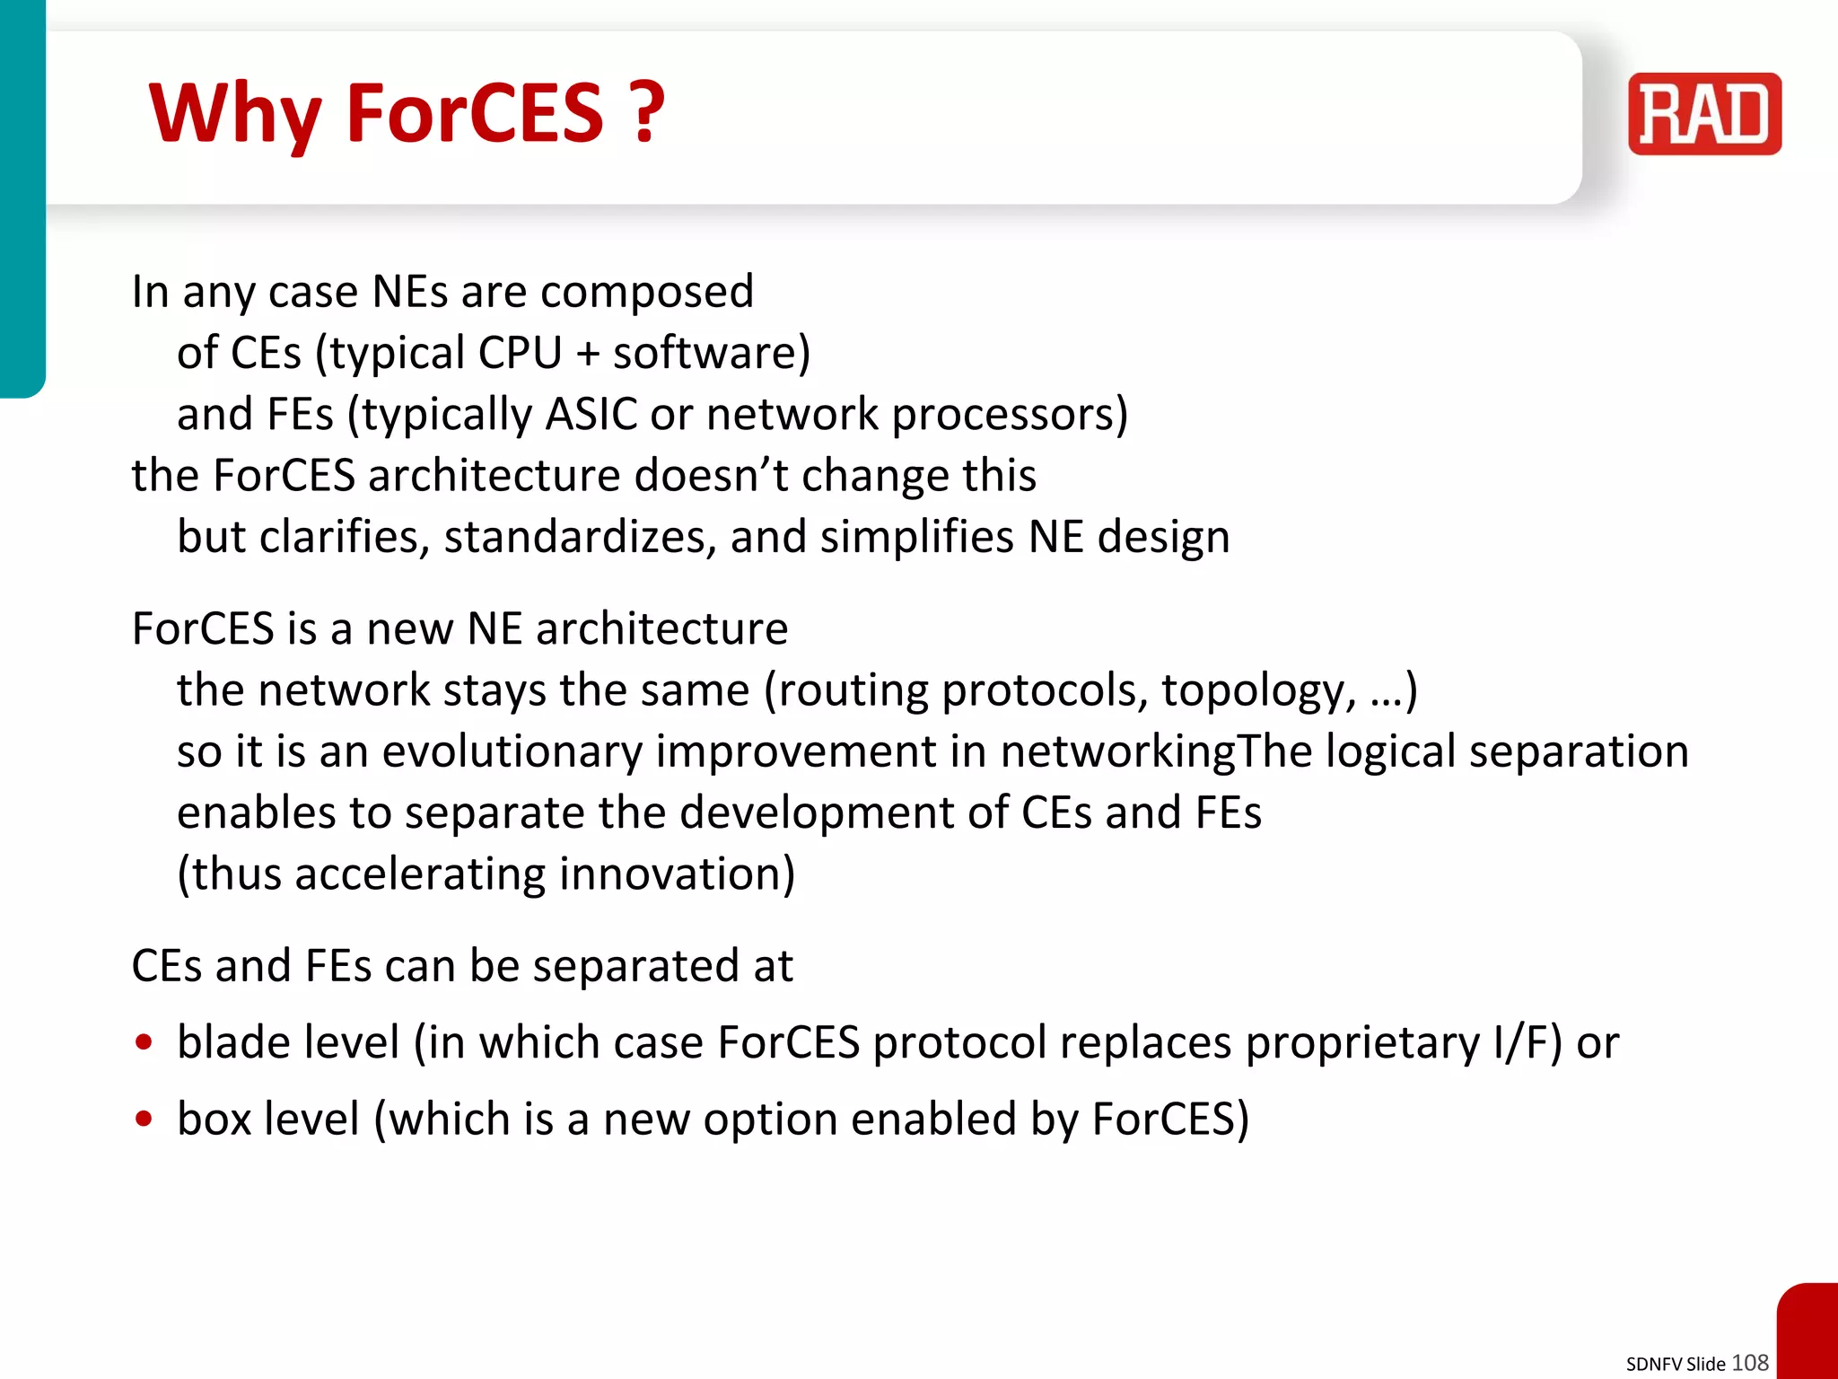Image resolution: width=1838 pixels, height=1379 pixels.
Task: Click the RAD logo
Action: click(1704, 114)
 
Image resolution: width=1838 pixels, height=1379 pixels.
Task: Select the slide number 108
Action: click(1749, 1362)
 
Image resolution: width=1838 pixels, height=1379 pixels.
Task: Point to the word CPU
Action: click(520, 353)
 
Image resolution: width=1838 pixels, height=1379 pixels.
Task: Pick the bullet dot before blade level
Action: click(144, 1042)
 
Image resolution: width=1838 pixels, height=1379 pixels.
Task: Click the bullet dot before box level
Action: click(144, 1119)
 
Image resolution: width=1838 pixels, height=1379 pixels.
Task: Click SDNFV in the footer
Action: click(1654, 1364)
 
